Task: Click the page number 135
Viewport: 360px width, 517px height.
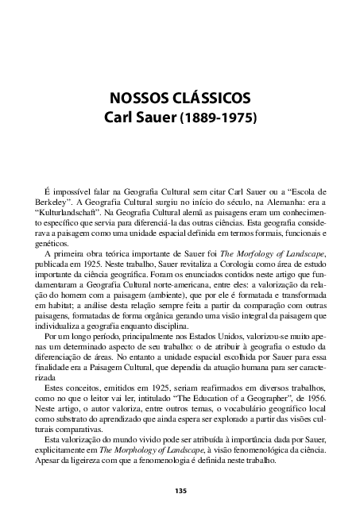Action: pos(180,491)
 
